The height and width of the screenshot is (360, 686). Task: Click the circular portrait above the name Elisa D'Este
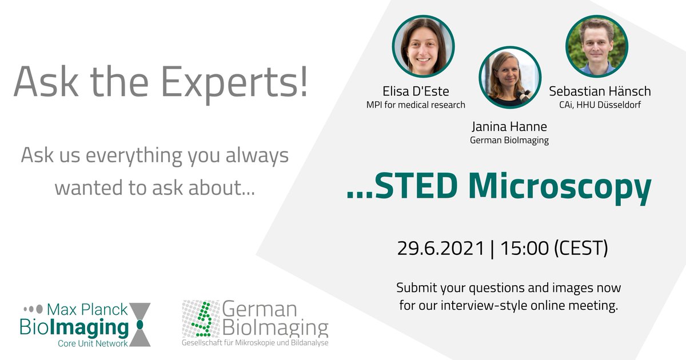pyautogui.click(x=423, y=46)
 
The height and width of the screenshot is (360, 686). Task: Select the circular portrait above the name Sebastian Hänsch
pyautogui.click(x=596, y=46)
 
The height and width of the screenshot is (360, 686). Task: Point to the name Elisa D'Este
pyautogui.click(x=416, y=91)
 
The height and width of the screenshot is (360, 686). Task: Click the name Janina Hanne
pyautogui.click(x=508, y=127)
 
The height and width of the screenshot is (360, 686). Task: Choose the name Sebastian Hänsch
pyautogui.click(x=600, y=91)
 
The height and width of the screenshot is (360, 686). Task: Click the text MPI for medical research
pyautogui.click(x=416, y=105)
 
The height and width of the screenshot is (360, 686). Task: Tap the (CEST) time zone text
pyautogui.click(x=584, y=249)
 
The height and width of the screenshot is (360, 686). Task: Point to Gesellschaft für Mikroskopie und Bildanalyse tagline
pyautogui.click(x=255, y=342)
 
